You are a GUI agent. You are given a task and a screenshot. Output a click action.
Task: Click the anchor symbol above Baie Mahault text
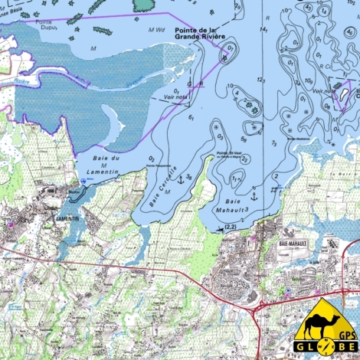[254, 197]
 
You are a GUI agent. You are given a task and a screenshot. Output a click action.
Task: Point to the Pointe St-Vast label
[229, 153]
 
